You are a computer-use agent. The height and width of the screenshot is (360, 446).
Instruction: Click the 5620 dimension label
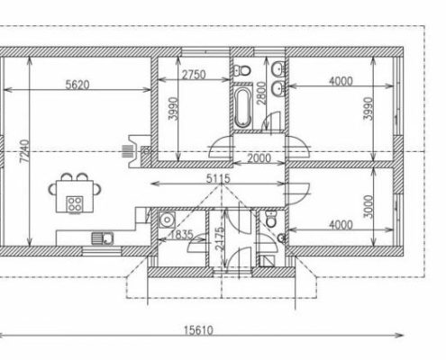click(x=77, y=85)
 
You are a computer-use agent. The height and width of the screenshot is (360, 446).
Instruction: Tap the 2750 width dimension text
click(x=194, y=75)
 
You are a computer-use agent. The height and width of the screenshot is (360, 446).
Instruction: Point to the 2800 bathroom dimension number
click(x=262, y=94)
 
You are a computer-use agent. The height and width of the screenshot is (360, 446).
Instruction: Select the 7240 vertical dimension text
click(x=24, y=151)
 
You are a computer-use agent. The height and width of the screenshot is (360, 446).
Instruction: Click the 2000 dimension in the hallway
click(x=259, y=158)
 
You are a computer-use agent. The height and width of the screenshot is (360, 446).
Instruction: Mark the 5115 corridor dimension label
click(x=218, y=179)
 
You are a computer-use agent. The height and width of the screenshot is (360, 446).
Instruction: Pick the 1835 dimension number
click(x=181, y=235)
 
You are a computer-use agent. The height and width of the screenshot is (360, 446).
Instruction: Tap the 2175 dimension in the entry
click(x=220, y=238)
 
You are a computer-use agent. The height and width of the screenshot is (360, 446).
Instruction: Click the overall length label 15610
click(x=198, y=330)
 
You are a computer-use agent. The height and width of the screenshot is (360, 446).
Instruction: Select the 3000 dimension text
click(x=369, y=207)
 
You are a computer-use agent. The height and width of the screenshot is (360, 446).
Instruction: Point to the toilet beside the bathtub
click(x=242, y=71)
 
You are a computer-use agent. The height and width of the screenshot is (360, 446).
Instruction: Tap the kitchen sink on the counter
click(x=103, y=238)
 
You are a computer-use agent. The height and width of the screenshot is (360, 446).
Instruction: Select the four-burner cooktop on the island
click(x=75, y=204)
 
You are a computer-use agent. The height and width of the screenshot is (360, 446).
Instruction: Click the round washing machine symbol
click(x=167, y=220)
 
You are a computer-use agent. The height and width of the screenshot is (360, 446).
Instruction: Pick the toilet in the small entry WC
click(x=271, y=219)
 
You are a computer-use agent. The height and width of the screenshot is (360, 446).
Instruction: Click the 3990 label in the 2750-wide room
click(x=173, y=109)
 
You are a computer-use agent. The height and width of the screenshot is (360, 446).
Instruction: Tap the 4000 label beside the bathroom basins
click(x=341, y=81)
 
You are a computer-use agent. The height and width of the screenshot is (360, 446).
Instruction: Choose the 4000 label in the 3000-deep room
click(x=341, y=225)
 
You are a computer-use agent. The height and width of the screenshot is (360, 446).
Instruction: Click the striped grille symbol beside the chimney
click(x=128, y=151)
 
